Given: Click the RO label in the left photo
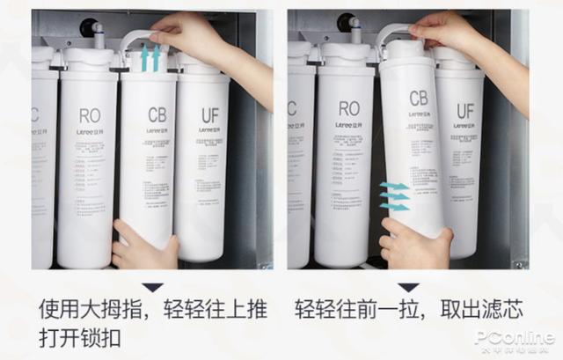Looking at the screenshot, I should pos(90,115).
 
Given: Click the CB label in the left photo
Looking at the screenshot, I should pos(157,114).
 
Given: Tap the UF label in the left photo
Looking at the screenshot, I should pos(209,114).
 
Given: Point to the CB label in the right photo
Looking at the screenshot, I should pos(418,98).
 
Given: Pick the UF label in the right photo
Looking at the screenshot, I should pos(464,111).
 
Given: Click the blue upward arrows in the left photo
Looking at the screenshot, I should pos(151,59).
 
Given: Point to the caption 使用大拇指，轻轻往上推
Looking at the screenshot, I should pos(154,310).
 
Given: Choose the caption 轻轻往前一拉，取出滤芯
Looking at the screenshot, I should pos(407,310).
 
